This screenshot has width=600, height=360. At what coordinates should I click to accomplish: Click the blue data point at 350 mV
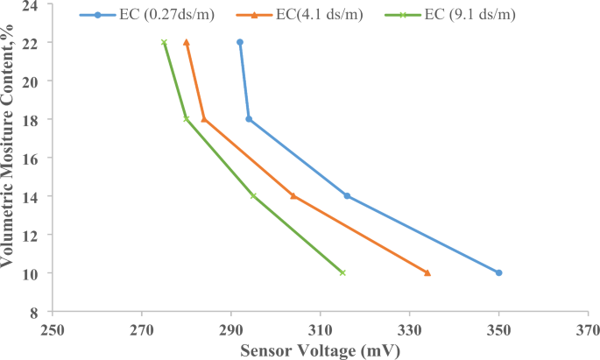coord(498,272)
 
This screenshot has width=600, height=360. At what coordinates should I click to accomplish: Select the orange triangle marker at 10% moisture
coord(427,272)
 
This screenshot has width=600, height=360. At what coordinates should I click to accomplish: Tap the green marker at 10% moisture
coord(342,272)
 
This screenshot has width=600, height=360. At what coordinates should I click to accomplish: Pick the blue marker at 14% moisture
coord(347,195)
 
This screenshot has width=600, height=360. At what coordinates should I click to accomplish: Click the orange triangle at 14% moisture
coord(293,195)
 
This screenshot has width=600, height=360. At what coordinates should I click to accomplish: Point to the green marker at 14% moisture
coord(253,195)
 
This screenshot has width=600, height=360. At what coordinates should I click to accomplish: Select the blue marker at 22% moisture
coord(240,42)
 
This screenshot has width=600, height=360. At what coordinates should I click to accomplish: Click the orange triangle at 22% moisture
coord(187,42)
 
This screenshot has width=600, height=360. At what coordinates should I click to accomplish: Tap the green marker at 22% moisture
coord(164,42)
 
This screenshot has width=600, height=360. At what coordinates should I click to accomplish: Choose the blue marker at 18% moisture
coord(249,119)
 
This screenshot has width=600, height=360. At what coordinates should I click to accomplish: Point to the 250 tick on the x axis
coord(53,332)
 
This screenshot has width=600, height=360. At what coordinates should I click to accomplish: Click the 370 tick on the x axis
coord(588,332)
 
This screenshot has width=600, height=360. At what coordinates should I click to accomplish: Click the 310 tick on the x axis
coord(320,332)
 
